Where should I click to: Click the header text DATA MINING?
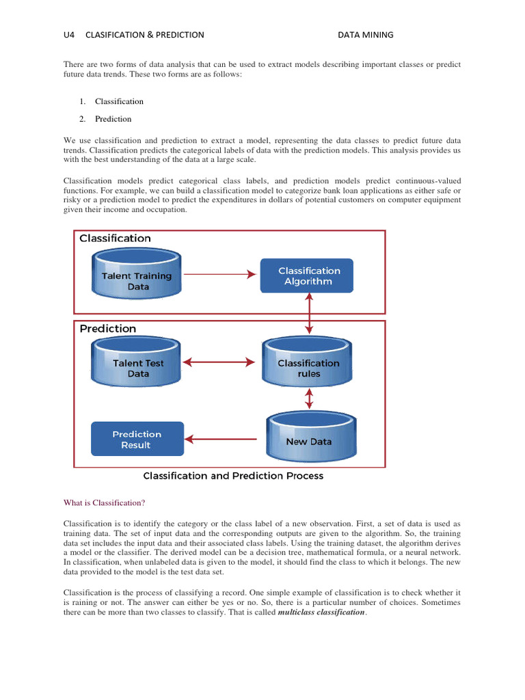click(366, 35)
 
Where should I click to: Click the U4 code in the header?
click(68, 35)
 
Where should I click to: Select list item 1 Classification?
click(119, 101)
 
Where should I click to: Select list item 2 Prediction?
click(113, 119)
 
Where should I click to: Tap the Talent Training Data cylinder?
click(137, 275)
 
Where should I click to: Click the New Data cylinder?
click(308, 437)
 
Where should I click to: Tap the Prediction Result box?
click(137, 439)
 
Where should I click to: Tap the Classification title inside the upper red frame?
click(115, 239)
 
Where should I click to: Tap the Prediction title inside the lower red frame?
click(108, 329)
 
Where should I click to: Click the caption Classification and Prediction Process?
click(233, 476)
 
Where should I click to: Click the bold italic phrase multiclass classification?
click(321, 612)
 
